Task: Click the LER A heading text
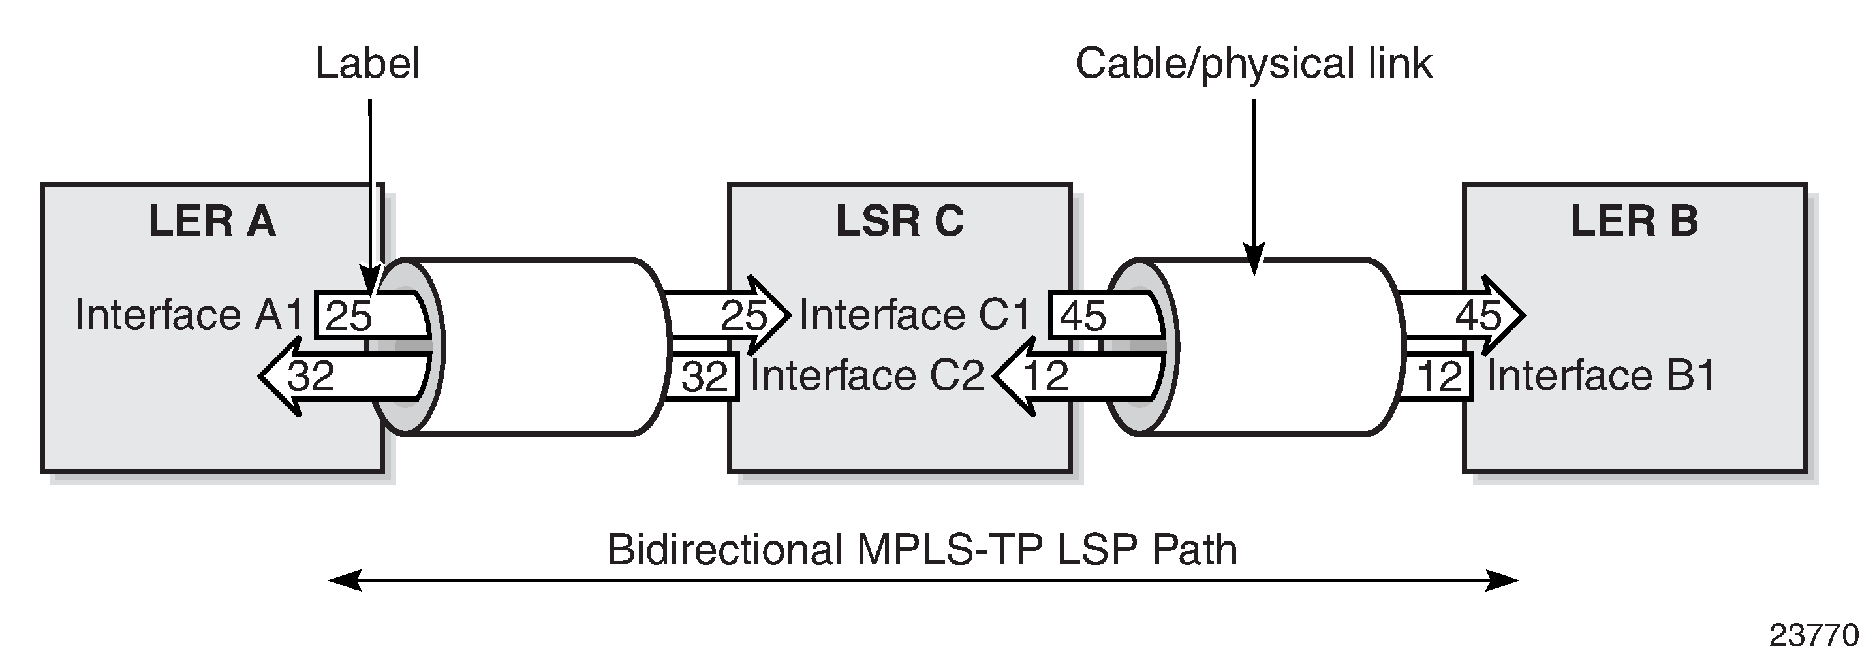[211, 221]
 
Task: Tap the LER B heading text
[1634, 221]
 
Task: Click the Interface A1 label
[189, 315]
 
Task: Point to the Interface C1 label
[915, 315]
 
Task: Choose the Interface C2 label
[867, 375]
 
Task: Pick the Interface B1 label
[1601, 375]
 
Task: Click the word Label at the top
[367, 63]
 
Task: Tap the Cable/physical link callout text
[1254, 63]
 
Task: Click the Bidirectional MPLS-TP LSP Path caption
[922, 550]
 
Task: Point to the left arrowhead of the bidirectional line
[344, 580]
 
